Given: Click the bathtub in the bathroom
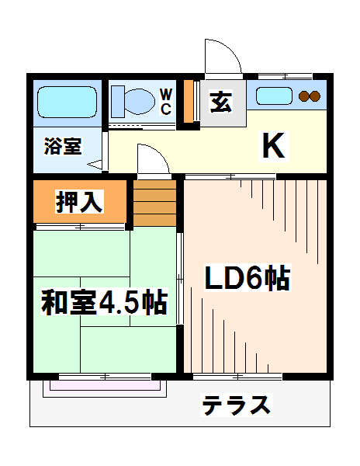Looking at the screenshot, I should pos(66,102).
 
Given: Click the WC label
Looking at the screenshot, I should pos(166,102).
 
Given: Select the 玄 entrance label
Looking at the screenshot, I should pos(220,103).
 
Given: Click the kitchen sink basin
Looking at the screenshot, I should pos(274,97).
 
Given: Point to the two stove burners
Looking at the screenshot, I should pos(310,96).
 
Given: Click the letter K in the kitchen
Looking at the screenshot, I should pos(272,145).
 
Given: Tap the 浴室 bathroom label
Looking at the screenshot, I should pos(62,146).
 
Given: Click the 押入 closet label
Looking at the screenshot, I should pos(78,202).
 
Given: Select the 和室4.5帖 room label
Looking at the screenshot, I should pos(104,301).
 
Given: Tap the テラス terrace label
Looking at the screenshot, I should pos(237,405).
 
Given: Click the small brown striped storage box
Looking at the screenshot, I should pos(156,202).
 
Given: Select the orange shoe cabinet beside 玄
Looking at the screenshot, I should pos(189,101).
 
